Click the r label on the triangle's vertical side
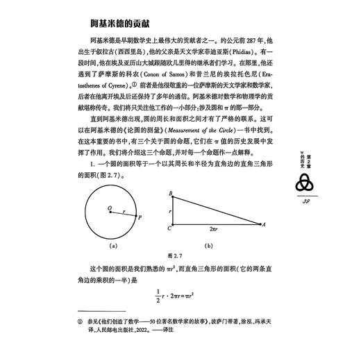tap(168, 209)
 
